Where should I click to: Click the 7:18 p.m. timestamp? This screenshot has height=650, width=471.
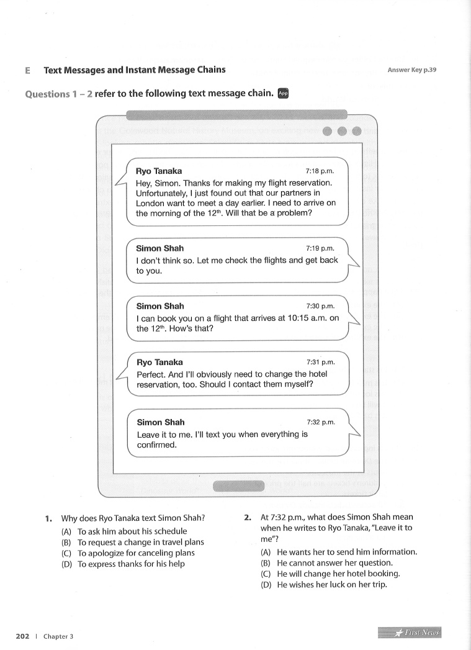(320, 171)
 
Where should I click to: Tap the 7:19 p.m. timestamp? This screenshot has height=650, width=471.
(320, 248)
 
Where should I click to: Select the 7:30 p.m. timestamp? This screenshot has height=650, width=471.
(320, 306)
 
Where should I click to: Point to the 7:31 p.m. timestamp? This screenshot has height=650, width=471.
(320, 362)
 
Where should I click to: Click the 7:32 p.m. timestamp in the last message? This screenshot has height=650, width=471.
(320, 422)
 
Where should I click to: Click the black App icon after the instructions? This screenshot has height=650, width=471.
(283, 93)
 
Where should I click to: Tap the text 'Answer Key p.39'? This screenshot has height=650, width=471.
(412, 70)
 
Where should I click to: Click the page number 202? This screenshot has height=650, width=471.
(23, 636)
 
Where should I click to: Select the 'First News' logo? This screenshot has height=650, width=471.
(409, 633)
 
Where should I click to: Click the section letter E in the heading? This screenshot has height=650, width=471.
(27, 70)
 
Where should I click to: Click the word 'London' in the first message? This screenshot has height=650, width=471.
(151, 202)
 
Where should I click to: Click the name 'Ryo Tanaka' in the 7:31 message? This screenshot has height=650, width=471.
(159, 362)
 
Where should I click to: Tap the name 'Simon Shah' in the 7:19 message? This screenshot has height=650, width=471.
(159, 248)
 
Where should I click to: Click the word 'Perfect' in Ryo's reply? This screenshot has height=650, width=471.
(151, 374)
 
